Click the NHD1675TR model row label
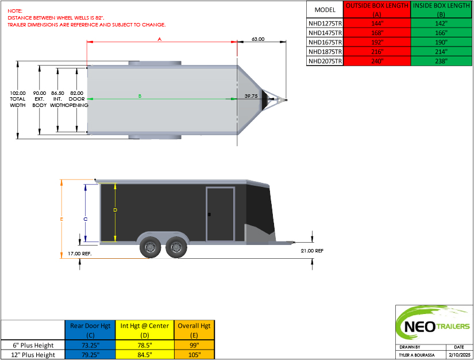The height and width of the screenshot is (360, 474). [x=325, y=43]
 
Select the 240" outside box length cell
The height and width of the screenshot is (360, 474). [x=377, y=61]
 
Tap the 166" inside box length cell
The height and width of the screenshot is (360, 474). [x=441, y=33]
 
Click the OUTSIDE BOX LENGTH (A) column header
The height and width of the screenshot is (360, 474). [x=377, y=10]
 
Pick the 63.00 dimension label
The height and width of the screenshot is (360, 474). [x=258, y=39]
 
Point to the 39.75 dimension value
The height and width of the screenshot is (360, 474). [x=251, y=96]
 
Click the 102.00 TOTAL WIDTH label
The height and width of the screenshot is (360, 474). [x=18, y=99]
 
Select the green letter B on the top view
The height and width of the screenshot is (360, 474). [x=140, y=96]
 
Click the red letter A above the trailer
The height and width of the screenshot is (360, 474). [x=160, y=39]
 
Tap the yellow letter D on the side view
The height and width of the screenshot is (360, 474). [x=115, y=210]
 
